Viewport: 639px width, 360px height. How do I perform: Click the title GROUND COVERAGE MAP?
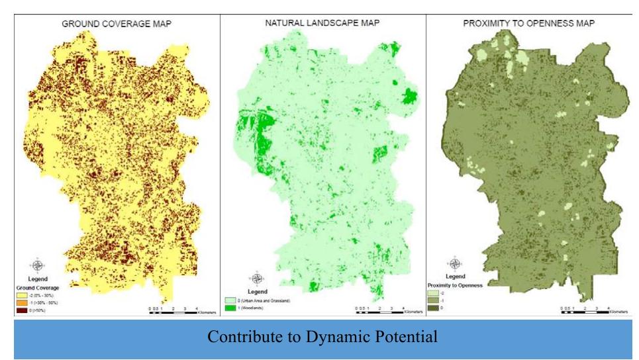(x=112, y=22)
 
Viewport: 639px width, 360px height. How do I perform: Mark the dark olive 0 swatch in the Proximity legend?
(x=451, y=308)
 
